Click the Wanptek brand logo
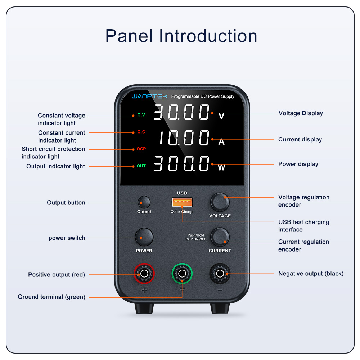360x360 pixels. coord(149,96)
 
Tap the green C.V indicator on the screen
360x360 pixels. coord(141,115)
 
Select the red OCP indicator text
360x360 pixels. coord(141,149)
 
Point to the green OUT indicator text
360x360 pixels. coord(141,166)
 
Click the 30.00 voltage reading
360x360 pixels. coord(181,112)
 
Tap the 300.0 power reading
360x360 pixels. coord(181,163)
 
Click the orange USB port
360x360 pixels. coord(182,202)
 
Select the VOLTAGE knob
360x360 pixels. coord(220,202)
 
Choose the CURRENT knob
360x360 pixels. coord(220,237)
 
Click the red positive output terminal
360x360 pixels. coord(144,274)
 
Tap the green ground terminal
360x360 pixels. coord(182,274)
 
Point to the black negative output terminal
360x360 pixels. coord(220,274)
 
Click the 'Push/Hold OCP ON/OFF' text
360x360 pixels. coord(196,237)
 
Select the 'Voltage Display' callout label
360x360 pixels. coord(301,113)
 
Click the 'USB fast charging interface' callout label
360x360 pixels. coord(304,226)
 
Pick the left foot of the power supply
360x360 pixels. coord(144,308)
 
